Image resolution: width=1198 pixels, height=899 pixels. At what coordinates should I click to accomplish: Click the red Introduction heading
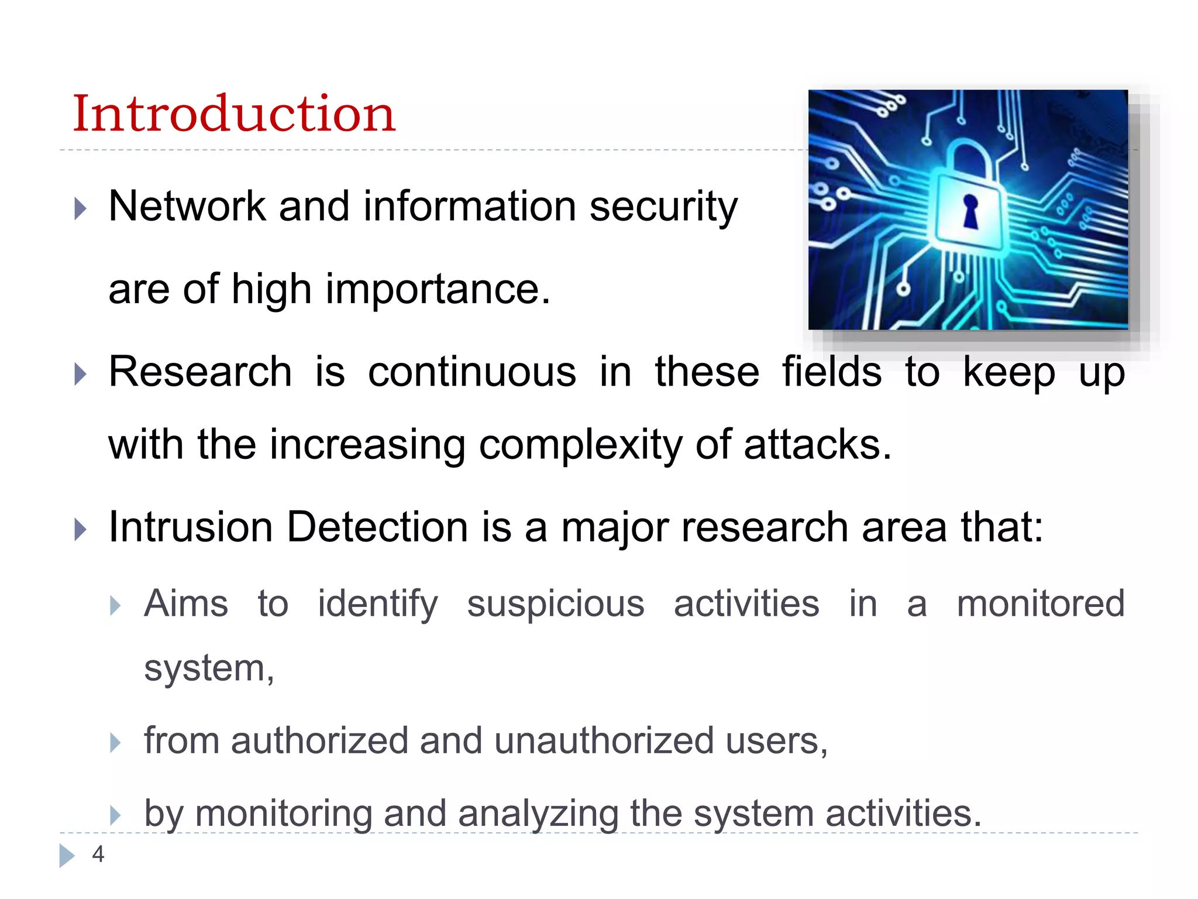pyautogui.click(x=234, y=114)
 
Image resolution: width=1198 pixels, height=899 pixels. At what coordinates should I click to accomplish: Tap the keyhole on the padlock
pyautogui.click(x=970, y=211)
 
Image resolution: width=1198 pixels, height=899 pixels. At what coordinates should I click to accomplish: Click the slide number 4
pyautogui.click(x=98, y=854)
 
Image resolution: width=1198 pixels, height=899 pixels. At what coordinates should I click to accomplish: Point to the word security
pyautogui.click(x=663, y=207)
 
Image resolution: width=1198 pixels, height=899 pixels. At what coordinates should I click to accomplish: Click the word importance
pyautogui.click(x=438, y=289)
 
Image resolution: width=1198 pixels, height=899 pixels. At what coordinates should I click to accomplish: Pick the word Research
pyautogui.click(x=200, y=372)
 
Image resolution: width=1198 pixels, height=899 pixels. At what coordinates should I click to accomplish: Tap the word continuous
pyautogui.click(x=472, y=372)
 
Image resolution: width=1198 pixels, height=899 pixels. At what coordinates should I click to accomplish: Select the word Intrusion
pyautogui.click(x=191, y=527)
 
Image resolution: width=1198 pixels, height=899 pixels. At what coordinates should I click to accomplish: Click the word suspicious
pyautogui.click(x=556, y=603)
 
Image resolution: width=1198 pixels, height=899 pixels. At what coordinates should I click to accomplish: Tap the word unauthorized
pyautogui.click(x=604, y=740)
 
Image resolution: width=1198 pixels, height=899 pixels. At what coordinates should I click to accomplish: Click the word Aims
pyautogui.click(x=186, y=603)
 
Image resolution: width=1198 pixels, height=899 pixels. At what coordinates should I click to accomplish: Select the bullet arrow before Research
pyautogui.click(x=81, y=374)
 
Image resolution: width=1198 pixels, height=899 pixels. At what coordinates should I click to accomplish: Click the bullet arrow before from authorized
pyautogui.click(x=115, y=743)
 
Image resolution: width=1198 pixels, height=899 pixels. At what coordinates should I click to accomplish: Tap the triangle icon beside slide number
pyautogui.click(x=67, y=856)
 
